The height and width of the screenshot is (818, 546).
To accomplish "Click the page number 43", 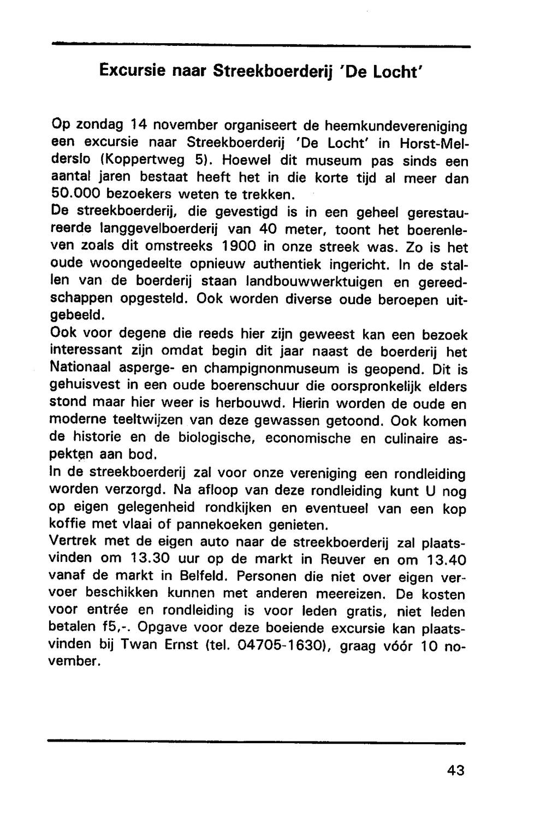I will (455, 770).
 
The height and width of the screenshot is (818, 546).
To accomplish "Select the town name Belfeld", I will (199, 577).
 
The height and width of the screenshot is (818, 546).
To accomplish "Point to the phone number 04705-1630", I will (282, 645).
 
